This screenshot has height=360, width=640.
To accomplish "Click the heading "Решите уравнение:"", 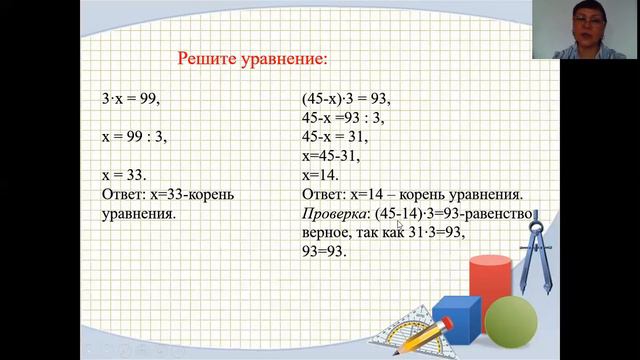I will pos(252,58).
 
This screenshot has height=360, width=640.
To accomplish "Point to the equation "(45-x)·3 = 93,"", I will pos(345,99).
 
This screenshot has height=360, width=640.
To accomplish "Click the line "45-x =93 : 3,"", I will pos(343,118).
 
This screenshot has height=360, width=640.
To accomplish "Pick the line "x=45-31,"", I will pos(329,156).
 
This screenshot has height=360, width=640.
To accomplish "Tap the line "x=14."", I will pos(320,175).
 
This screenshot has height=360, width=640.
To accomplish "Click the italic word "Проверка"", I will pos(334,214).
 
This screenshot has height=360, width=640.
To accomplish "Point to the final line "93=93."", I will pos(323,252).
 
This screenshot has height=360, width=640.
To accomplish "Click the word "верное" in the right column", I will pos(326,233).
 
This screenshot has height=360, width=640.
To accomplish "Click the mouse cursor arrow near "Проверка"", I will pos(398,225).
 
